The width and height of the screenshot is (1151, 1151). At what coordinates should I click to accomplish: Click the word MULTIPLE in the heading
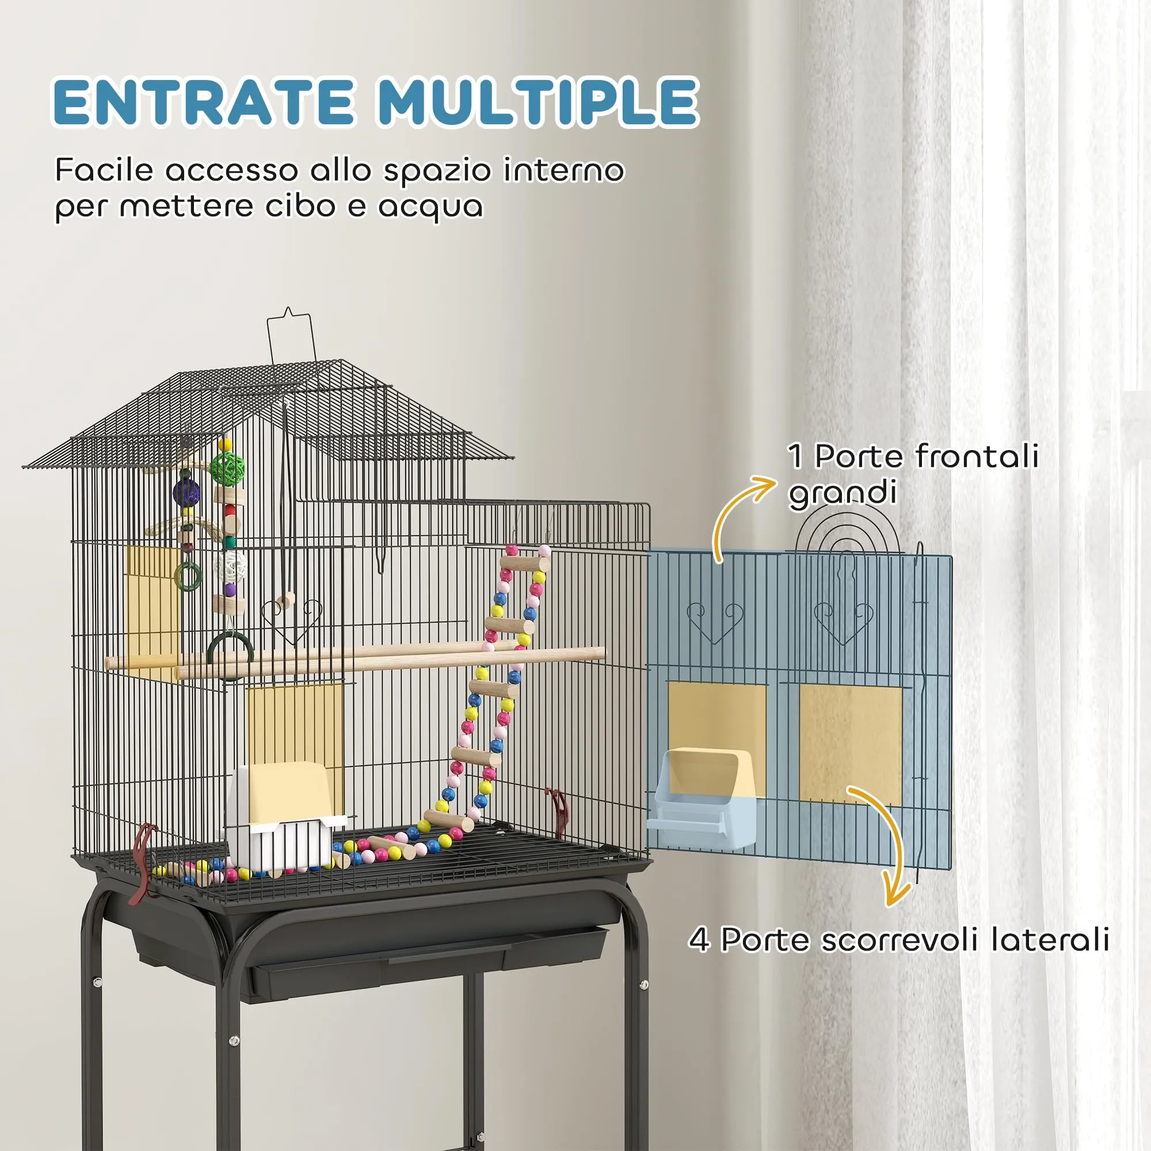coord(538,102)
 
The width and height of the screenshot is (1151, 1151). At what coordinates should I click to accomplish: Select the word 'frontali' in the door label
coord(977,457)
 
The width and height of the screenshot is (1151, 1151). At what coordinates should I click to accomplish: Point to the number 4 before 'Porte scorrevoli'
coord(699,940)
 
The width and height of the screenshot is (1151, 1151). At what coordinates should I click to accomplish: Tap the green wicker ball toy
coord(228,469)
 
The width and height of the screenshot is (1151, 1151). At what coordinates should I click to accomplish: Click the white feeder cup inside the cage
coord(286,816)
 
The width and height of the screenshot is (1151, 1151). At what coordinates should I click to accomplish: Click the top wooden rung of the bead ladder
coord(524,563)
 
